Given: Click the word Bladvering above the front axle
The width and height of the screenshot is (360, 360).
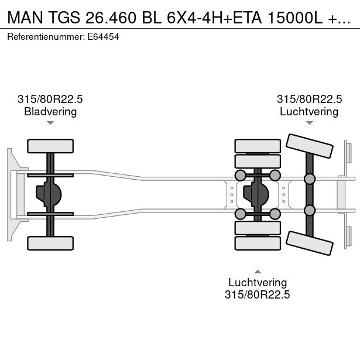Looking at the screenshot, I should (x=50, y=112).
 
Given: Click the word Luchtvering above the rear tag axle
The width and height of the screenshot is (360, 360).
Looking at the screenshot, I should (x=309, y=112).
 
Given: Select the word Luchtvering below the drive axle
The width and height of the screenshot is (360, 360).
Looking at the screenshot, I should (x=258, y=282).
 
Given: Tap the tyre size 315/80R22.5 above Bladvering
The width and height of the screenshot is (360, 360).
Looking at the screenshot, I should (x=50, y=100).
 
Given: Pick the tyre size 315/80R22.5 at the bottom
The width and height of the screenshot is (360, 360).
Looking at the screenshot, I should (x=258, y=294).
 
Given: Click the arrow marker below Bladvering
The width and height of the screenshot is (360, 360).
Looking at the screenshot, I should (x=50, y=123).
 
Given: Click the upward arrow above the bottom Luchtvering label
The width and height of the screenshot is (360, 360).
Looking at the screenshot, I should (x=258, y=271).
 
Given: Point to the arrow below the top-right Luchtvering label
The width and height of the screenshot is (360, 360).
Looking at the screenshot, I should (x=309, y=123).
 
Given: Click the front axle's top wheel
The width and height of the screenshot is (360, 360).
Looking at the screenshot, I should (x=50, y=146).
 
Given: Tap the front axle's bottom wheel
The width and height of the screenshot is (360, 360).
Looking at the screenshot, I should (x=50, y=243).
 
